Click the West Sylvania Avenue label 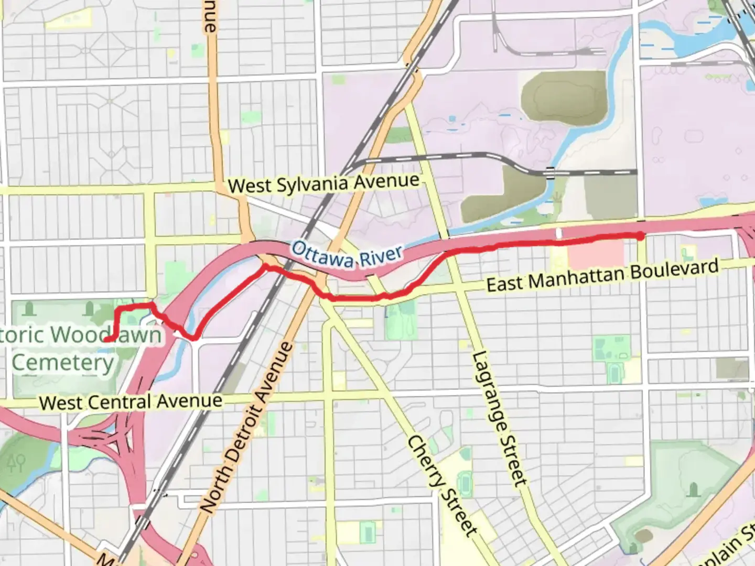pos(323,184)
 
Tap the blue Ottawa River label pos(347,254)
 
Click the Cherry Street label pos(443,485)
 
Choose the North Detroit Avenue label pos(246,427)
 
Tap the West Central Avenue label pos(131,402)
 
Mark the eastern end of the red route pos(641,236)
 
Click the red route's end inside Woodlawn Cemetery pos(107,340)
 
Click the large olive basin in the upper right pos(564,99)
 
